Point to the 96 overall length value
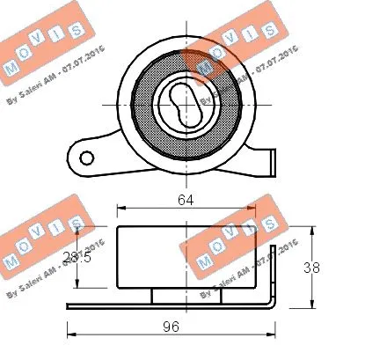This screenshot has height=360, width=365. click(172, 327)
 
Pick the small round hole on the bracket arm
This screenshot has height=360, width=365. click(86, 158)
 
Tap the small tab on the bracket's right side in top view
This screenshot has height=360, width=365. click(271, 164)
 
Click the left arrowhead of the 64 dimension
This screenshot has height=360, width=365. click(120, 209)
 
